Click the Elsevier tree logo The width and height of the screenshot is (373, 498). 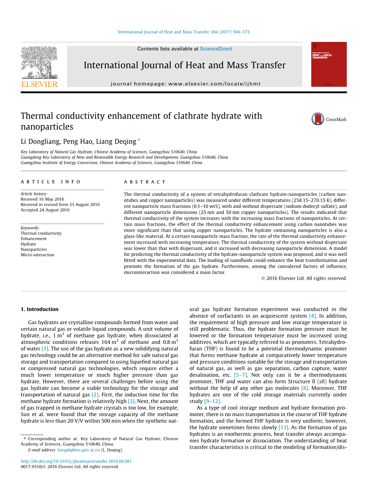pyautogui.click(x=39, y=62)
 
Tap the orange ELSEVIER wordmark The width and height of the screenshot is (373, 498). pyautogui.click(x=39, y=84)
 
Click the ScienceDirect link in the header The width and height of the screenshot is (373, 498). pyautogui.click(x=216, y=49)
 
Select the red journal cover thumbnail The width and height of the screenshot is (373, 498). pyautogui.click(x=329, y=64)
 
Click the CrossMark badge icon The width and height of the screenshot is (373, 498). pyautogui.click(x=318, y=119)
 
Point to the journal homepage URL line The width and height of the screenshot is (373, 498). pyautogui.click(x=185, y=84)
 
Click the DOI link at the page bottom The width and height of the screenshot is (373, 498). pyautogui.click(x=76, y=461)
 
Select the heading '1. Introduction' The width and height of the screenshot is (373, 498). pyautogui.click(x=40, y=310)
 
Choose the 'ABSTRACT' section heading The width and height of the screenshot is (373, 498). pyautogui.click(x=145, y=182)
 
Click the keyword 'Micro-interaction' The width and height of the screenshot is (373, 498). pyautogui.click(x=37, y=255)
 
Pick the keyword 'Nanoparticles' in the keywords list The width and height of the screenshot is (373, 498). pyautogui.click(x=34, y=249)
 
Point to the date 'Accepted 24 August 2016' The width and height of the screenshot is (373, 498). pyautogui.click(x=45, y=210)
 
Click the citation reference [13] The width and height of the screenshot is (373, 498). pyautogui.click(x=283, y=427)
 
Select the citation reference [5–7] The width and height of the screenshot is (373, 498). pyautogui.click(x=241, y=375)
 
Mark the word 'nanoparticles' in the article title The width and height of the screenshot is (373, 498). pyautogui.click(x=47, y=127)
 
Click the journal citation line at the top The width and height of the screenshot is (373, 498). pyautogui.click(x=183, y=32)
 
